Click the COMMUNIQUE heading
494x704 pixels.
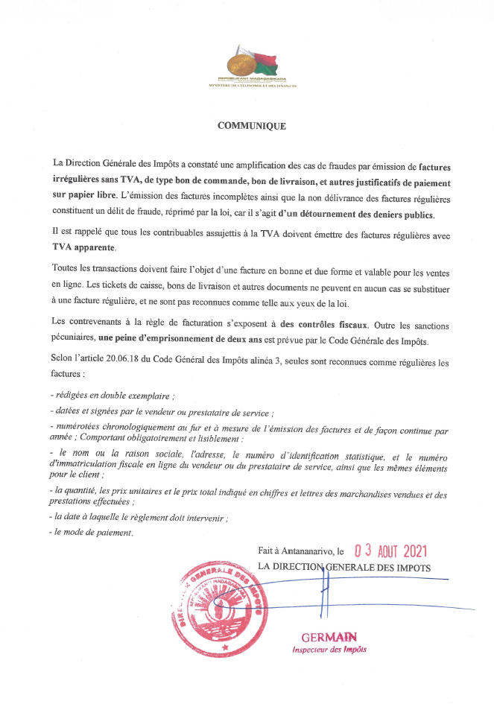pyautogui.click(x=251, y=126)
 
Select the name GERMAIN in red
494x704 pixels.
pyautogui.click(x=329, y=637)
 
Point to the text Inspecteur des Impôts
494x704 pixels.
pyautogui.click(x=329, y=650)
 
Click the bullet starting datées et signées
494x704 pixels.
pyautogui.click(x=160, y=411)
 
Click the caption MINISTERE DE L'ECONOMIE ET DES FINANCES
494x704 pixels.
pyautogui.click(x=253, y=87)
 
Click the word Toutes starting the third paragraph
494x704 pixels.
pyautogui.click(x=66, y=267)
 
